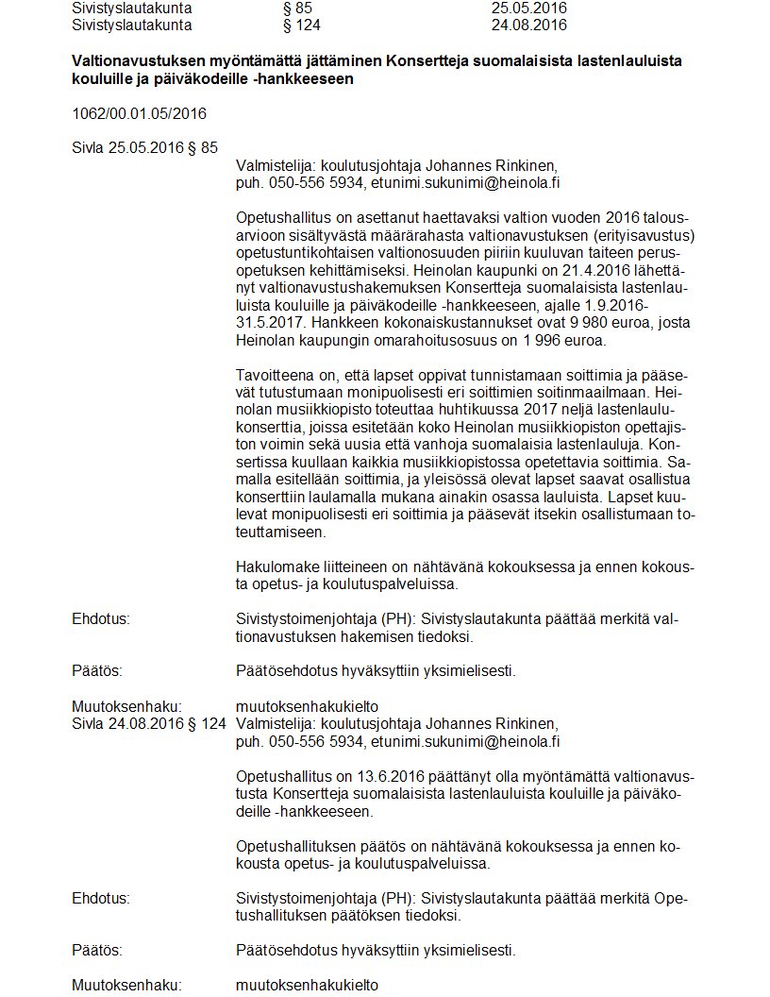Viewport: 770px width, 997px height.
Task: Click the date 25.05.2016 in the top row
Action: point(529,8)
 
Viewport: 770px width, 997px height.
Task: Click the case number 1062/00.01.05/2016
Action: point(139,114)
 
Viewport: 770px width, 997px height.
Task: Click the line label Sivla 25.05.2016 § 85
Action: point(144,147)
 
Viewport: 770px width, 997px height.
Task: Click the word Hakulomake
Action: point(276,566)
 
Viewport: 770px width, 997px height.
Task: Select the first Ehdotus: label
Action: point(100,619)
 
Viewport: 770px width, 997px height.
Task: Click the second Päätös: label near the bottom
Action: point(97,949)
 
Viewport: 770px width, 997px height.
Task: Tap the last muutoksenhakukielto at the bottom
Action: point(307,985)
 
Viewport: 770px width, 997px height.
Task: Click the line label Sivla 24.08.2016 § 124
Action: point(148,724)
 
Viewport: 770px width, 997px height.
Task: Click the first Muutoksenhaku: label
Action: point(126,706)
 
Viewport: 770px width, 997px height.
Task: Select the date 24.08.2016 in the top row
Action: point(529,25)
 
